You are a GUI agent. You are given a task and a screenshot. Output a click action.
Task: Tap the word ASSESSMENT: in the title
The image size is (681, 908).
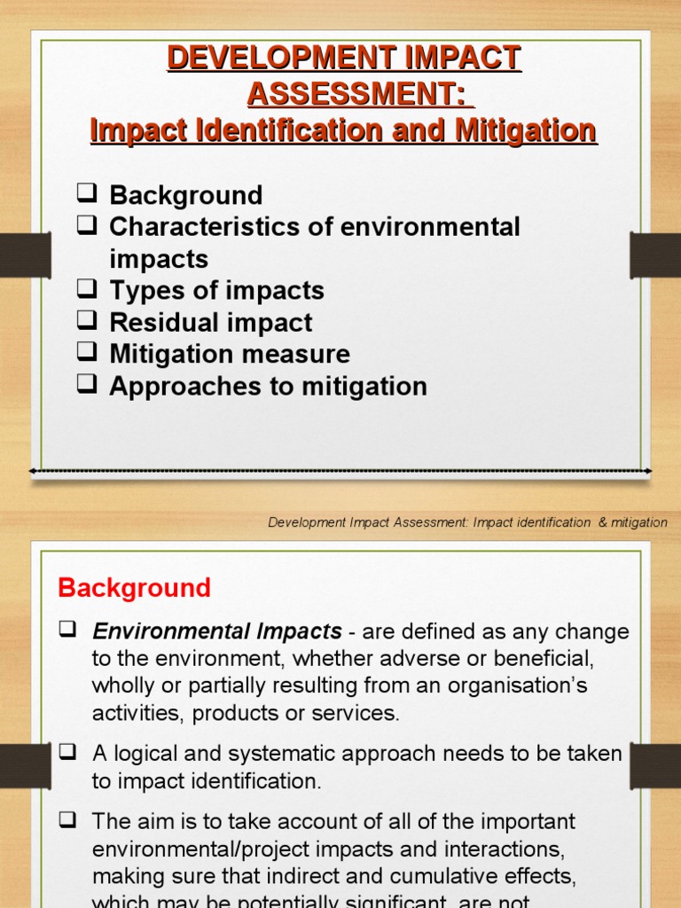click(x=356, y=92)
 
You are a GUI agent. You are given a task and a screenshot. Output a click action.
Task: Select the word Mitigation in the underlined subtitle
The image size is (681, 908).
click(x=526, y=131)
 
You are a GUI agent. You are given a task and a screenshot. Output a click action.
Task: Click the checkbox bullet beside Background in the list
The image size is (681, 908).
click(x=86, y=194)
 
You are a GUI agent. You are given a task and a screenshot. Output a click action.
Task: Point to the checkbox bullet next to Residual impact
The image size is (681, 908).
click(x=86, y=322)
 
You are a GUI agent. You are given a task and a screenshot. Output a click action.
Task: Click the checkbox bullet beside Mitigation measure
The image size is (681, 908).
click(x=86, y=354)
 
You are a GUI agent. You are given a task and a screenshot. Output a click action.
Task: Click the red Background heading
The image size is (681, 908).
click(x=134, y=587)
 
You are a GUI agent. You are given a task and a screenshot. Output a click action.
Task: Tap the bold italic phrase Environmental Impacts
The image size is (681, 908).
click(x=216, y=632)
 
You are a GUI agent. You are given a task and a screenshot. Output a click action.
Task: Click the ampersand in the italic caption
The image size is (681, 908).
click(x=603, y=522)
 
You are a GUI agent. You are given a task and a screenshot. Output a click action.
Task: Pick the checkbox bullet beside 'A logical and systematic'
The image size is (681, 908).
click(x=67, y=753)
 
